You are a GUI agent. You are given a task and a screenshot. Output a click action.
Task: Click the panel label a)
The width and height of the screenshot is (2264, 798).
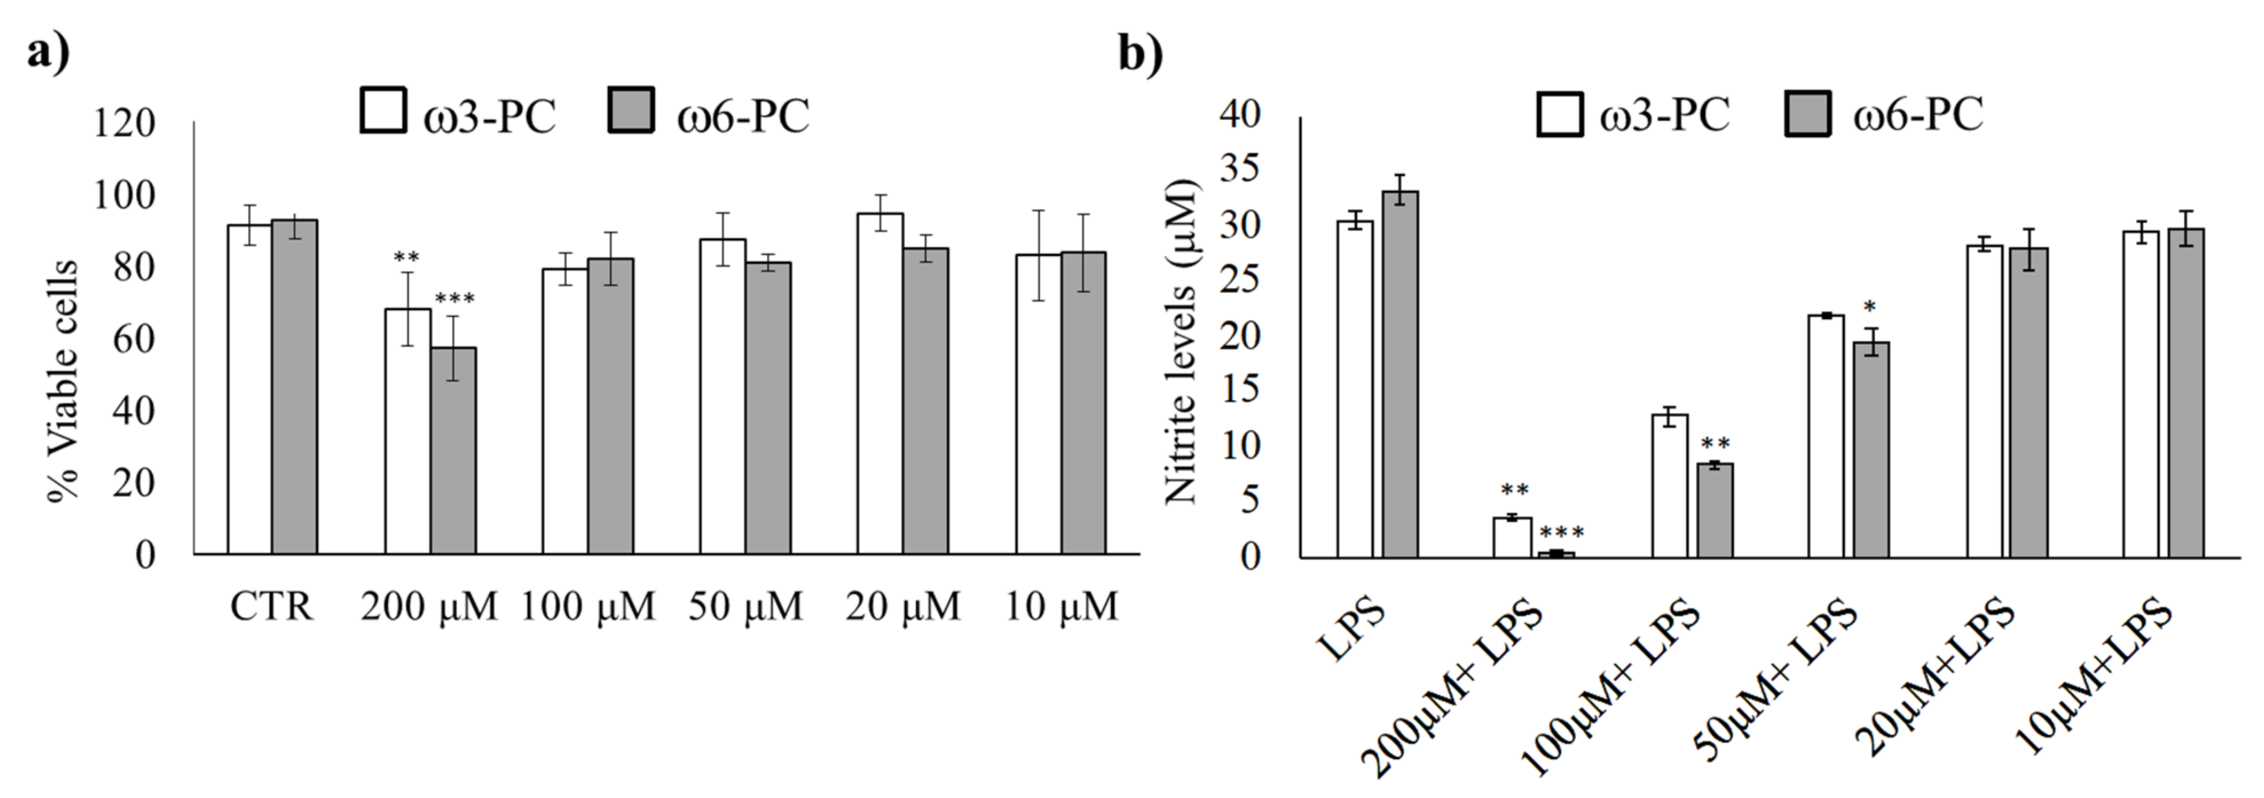[x=48, y=53]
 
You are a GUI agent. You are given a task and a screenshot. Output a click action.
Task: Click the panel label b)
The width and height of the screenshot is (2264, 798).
[x=1140, y=53]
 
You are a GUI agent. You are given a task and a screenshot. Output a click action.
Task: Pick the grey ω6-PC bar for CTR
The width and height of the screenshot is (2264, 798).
[x=294, y=387]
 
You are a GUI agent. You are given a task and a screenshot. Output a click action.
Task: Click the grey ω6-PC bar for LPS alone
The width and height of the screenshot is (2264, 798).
[x=1400, y=374]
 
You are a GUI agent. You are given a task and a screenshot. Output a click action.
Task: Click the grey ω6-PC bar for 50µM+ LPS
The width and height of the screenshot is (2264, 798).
[x=1871, y=449]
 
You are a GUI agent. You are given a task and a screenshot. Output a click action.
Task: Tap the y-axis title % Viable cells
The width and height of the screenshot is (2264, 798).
[x=63, y=380]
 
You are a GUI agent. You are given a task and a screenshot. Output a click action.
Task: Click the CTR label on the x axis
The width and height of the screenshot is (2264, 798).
[x=272, y=606]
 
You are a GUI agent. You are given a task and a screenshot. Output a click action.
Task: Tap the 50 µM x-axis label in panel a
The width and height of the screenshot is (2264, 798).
[x=745, y=606]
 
